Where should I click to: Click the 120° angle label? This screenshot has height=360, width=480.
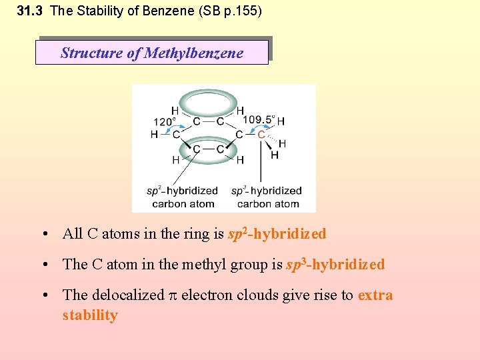tap(165, 121)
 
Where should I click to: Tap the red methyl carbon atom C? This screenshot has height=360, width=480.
tap(261, 135)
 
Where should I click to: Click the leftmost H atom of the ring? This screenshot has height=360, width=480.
tap(155, 135)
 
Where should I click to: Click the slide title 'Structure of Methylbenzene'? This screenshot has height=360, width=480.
tap(152, 53)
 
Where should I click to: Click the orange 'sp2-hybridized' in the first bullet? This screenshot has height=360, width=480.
tap(277, 234)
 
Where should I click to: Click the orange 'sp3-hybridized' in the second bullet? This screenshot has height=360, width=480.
tap(335, 265)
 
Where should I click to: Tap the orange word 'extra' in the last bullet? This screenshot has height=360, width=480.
tap(375, 295)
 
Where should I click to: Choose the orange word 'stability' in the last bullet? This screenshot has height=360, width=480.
tap(90, 315)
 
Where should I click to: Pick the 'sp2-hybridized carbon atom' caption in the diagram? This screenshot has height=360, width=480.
tap(183, 197)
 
